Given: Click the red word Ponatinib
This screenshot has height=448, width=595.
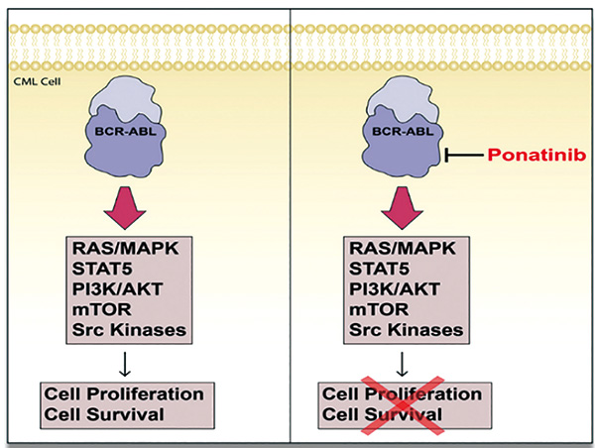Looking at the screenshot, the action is [536, 156].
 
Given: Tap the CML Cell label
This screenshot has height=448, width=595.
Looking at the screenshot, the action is [38, 81].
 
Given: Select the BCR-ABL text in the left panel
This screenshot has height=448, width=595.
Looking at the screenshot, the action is [125, 132].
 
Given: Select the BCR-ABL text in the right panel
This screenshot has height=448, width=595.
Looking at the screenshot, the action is [403, 132].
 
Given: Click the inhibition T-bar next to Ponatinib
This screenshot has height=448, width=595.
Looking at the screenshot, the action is [464, 155].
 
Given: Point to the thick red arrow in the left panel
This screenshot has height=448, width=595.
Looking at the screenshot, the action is [125, 207].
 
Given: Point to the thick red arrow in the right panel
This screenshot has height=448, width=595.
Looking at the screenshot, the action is [403, 207].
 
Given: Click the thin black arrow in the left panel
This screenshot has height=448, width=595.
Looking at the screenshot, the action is [125, 364].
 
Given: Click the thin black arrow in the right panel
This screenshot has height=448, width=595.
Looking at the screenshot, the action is [402, 364].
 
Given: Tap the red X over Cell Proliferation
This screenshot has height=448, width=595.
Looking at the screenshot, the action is [403, 405].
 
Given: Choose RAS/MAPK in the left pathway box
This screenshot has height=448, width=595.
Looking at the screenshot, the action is [125, 249].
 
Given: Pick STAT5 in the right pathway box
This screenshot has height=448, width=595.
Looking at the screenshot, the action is [379, 269].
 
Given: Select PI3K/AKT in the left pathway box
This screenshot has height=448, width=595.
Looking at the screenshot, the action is [117, 289].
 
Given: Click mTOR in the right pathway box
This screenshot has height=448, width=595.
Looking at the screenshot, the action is [379, 309].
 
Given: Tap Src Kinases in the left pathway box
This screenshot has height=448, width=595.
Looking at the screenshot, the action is [129, 330].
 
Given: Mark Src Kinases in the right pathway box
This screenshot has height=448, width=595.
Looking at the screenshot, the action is [406, 330].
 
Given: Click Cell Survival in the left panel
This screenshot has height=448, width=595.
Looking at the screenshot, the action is [104, 414].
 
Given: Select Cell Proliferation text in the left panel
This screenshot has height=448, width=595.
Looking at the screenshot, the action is [124, 394].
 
